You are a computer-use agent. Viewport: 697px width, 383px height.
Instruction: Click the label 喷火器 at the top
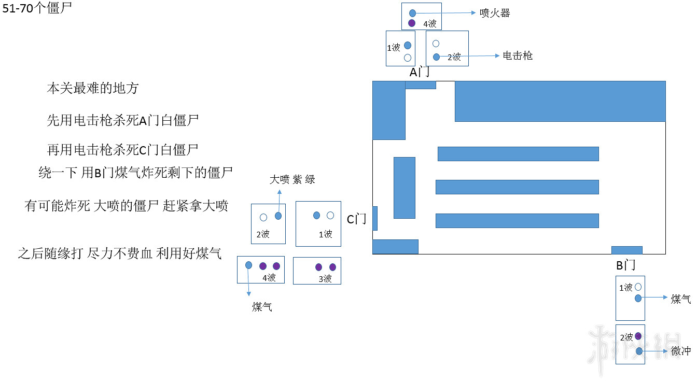495,13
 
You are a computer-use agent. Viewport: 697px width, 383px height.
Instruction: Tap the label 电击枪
518,56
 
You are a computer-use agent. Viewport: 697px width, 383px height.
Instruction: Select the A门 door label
420,73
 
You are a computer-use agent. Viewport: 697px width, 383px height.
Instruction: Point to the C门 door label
357,220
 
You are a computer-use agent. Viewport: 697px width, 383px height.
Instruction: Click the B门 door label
626,266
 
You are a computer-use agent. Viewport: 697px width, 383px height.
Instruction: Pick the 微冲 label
680,351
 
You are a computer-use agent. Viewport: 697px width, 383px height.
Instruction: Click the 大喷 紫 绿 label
292,180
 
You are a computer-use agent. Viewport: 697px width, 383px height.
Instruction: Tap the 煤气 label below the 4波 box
262,307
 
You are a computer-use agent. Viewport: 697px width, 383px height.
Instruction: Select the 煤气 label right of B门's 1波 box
680,299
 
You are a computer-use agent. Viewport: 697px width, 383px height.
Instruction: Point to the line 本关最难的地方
93,89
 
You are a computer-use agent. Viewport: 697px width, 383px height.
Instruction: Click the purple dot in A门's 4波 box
412,23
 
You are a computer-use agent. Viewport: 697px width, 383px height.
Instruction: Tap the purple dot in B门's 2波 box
638,336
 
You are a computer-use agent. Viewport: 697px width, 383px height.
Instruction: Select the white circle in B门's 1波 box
638,287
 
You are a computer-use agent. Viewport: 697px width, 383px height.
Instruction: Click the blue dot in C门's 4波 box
248,265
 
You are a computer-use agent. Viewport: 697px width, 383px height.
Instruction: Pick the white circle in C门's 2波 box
263,217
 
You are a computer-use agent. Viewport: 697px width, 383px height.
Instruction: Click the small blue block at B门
626,250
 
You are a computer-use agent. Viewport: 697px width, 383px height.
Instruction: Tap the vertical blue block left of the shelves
404,188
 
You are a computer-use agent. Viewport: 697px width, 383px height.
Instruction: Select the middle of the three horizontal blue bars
517,187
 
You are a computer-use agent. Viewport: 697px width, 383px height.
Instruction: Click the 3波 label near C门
325,279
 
